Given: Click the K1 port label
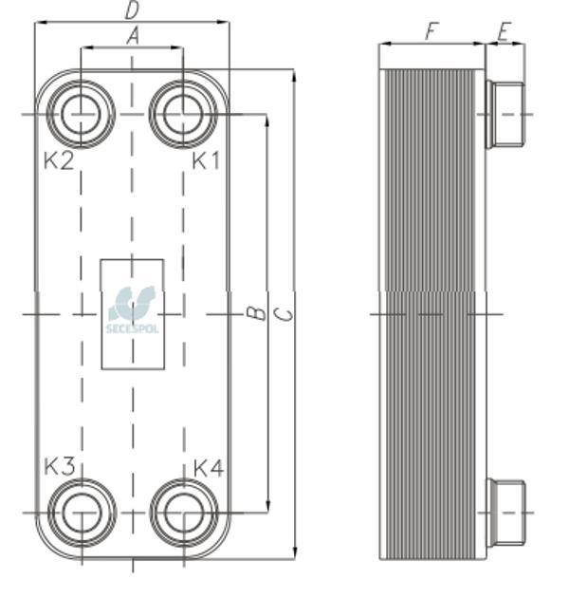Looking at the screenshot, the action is pyautogui.click(x=206, y=160).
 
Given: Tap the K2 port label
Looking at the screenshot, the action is pyautogui.click(x=59, y=160).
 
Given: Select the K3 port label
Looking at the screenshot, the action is pyautogui.click(x=60, y=466).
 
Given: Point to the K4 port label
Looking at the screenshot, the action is pyautogui.click(x=209, y=468).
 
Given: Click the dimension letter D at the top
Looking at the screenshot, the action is pyautogui.click(x=132, y=11).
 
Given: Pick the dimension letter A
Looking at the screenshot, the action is pyautogui.click(x=132, y=37).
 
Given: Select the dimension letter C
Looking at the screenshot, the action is pyautogui.click(x=284, y=314).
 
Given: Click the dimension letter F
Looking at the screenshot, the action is pyautogui.click(x=431, y=31).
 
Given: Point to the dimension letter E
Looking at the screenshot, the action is pyautogui.click(x=504, y=32).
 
